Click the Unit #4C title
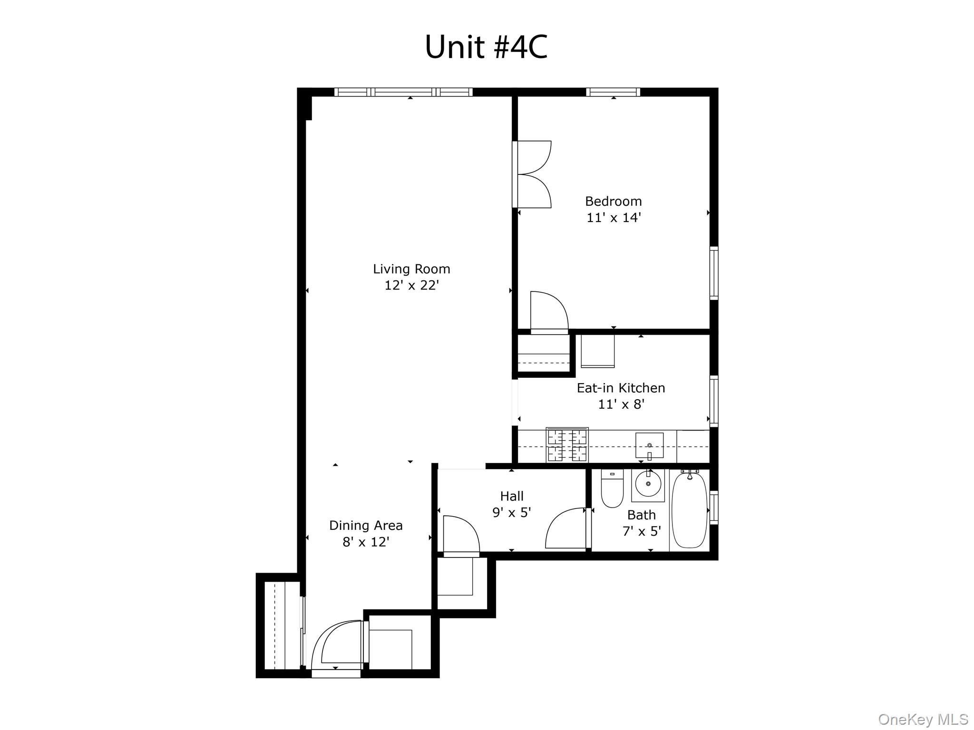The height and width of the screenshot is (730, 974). [x=486, y=47]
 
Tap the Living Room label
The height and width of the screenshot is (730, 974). [x=411, y=269]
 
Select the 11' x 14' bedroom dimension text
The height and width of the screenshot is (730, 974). [x=614, y=218]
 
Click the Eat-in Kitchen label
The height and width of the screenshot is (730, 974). [x=621, y=388]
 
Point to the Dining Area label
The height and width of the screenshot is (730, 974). [x=366, y=525]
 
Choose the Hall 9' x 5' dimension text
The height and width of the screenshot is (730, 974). [x=511, y=512]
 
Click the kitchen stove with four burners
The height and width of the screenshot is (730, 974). [x=567, y=445]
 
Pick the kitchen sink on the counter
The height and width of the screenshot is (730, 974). [x=649, y=445]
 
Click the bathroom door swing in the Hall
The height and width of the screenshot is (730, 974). [x=566, y=528]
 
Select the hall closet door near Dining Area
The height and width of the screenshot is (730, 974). [x=460, y=535]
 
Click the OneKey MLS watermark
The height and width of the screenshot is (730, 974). [x=923, y=719]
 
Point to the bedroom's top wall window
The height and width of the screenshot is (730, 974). [x=613, y=92]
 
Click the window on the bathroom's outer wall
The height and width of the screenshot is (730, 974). [x=713, y=508]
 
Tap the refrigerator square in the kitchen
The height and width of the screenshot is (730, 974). [x=597, y=351]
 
